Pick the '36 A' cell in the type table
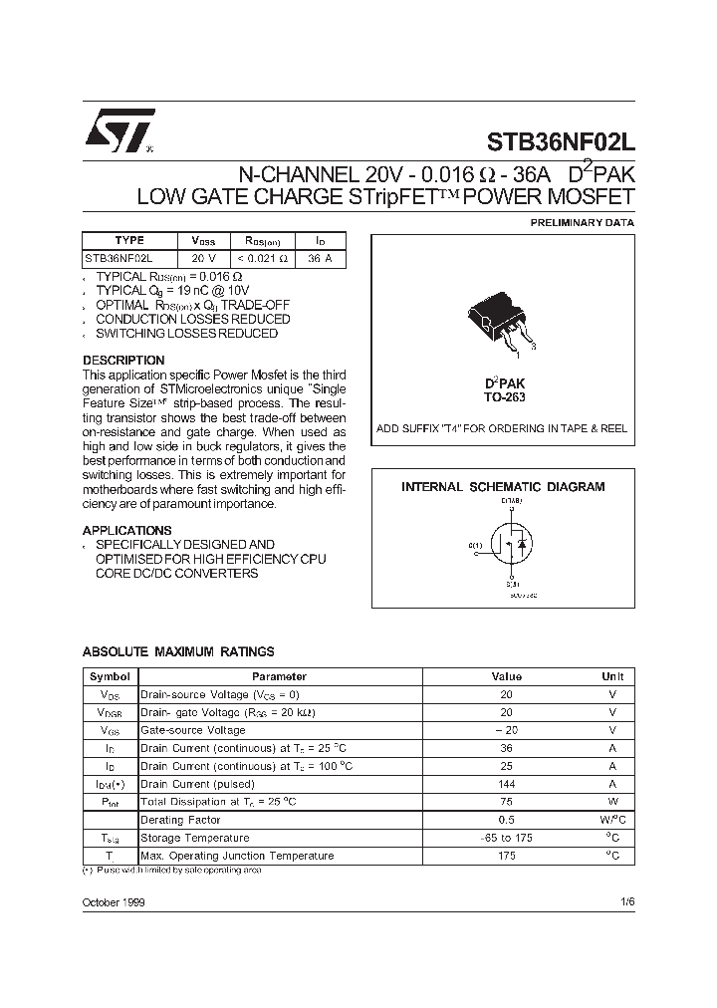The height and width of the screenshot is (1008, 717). coord(320,258)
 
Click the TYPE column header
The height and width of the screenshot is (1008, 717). coord(129,241)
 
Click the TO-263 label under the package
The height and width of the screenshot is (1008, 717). coord(505,397)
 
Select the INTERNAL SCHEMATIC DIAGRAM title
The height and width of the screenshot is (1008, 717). coord(503,487)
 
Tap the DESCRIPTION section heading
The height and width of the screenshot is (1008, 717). coord(123,361)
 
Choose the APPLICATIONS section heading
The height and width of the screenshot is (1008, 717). coord(126,531)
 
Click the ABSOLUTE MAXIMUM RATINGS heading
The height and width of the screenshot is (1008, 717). coord(178,652)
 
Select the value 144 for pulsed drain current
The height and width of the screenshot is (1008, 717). coord(506,784)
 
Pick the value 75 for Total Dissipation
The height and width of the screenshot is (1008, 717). coord(506,802)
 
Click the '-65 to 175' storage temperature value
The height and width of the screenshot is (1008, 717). coord(506,838)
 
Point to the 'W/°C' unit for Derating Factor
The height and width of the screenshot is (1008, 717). coord(611,820)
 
